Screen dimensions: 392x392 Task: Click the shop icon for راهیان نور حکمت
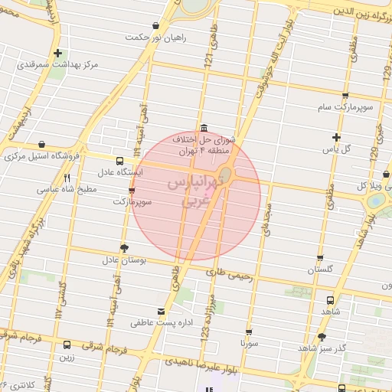[x=156, y=25]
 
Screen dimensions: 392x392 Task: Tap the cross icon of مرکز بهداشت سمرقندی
[x=58, y=53]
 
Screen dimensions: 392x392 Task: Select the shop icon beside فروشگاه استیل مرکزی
[x=41, y=144]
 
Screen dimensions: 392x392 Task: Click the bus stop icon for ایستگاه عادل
[x=119, y=161]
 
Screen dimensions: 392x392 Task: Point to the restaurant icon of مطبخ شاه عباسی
[x=67, y=178]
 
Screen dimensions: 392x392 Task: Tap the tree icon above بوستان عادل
[x=124, y=247]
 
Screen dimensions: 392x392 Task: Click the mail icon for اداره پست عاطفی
[x=160, y=311]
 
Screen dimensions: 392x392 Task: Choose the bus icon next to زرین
[x=67, y=345]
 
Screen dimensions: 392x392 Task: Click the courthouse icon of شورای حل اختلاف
[x=203, y=129]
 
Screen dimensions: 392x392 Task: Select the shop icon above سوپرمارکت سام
[x=345, y=96]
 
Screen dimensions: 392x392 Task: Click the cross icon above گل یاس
[x=335, y=136]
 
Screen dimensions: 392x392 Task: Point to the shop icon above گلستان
[x=319, y=258]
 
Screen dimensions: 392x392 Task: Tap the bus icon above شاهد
[x=330, y=300]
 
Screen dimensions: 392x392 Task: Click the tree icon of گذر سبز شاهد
[x=322, y=336]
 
